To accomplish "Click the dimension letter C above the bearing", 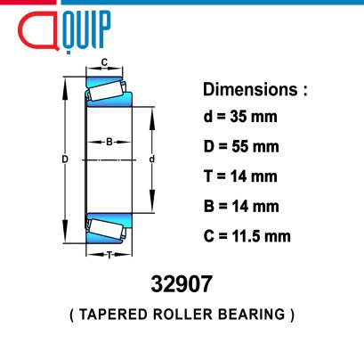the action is coord(104,62).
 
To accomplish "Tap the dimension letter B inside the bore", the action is coord(109,142).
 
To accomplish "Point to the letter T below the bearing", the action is coord(109,255).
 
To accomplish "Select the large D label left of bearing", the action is coord(65,160).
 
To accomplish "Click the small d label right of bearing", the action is coord(152,160).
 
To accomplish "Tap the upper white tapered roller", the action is coord(106,90).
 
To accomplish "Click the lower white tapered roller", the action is coord(106,229).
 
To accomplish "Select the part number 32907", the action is coord(182,284).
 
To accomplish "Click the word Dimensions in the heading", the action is coord(250,89).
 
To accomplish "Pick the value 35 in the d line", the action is coord(238,117).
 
